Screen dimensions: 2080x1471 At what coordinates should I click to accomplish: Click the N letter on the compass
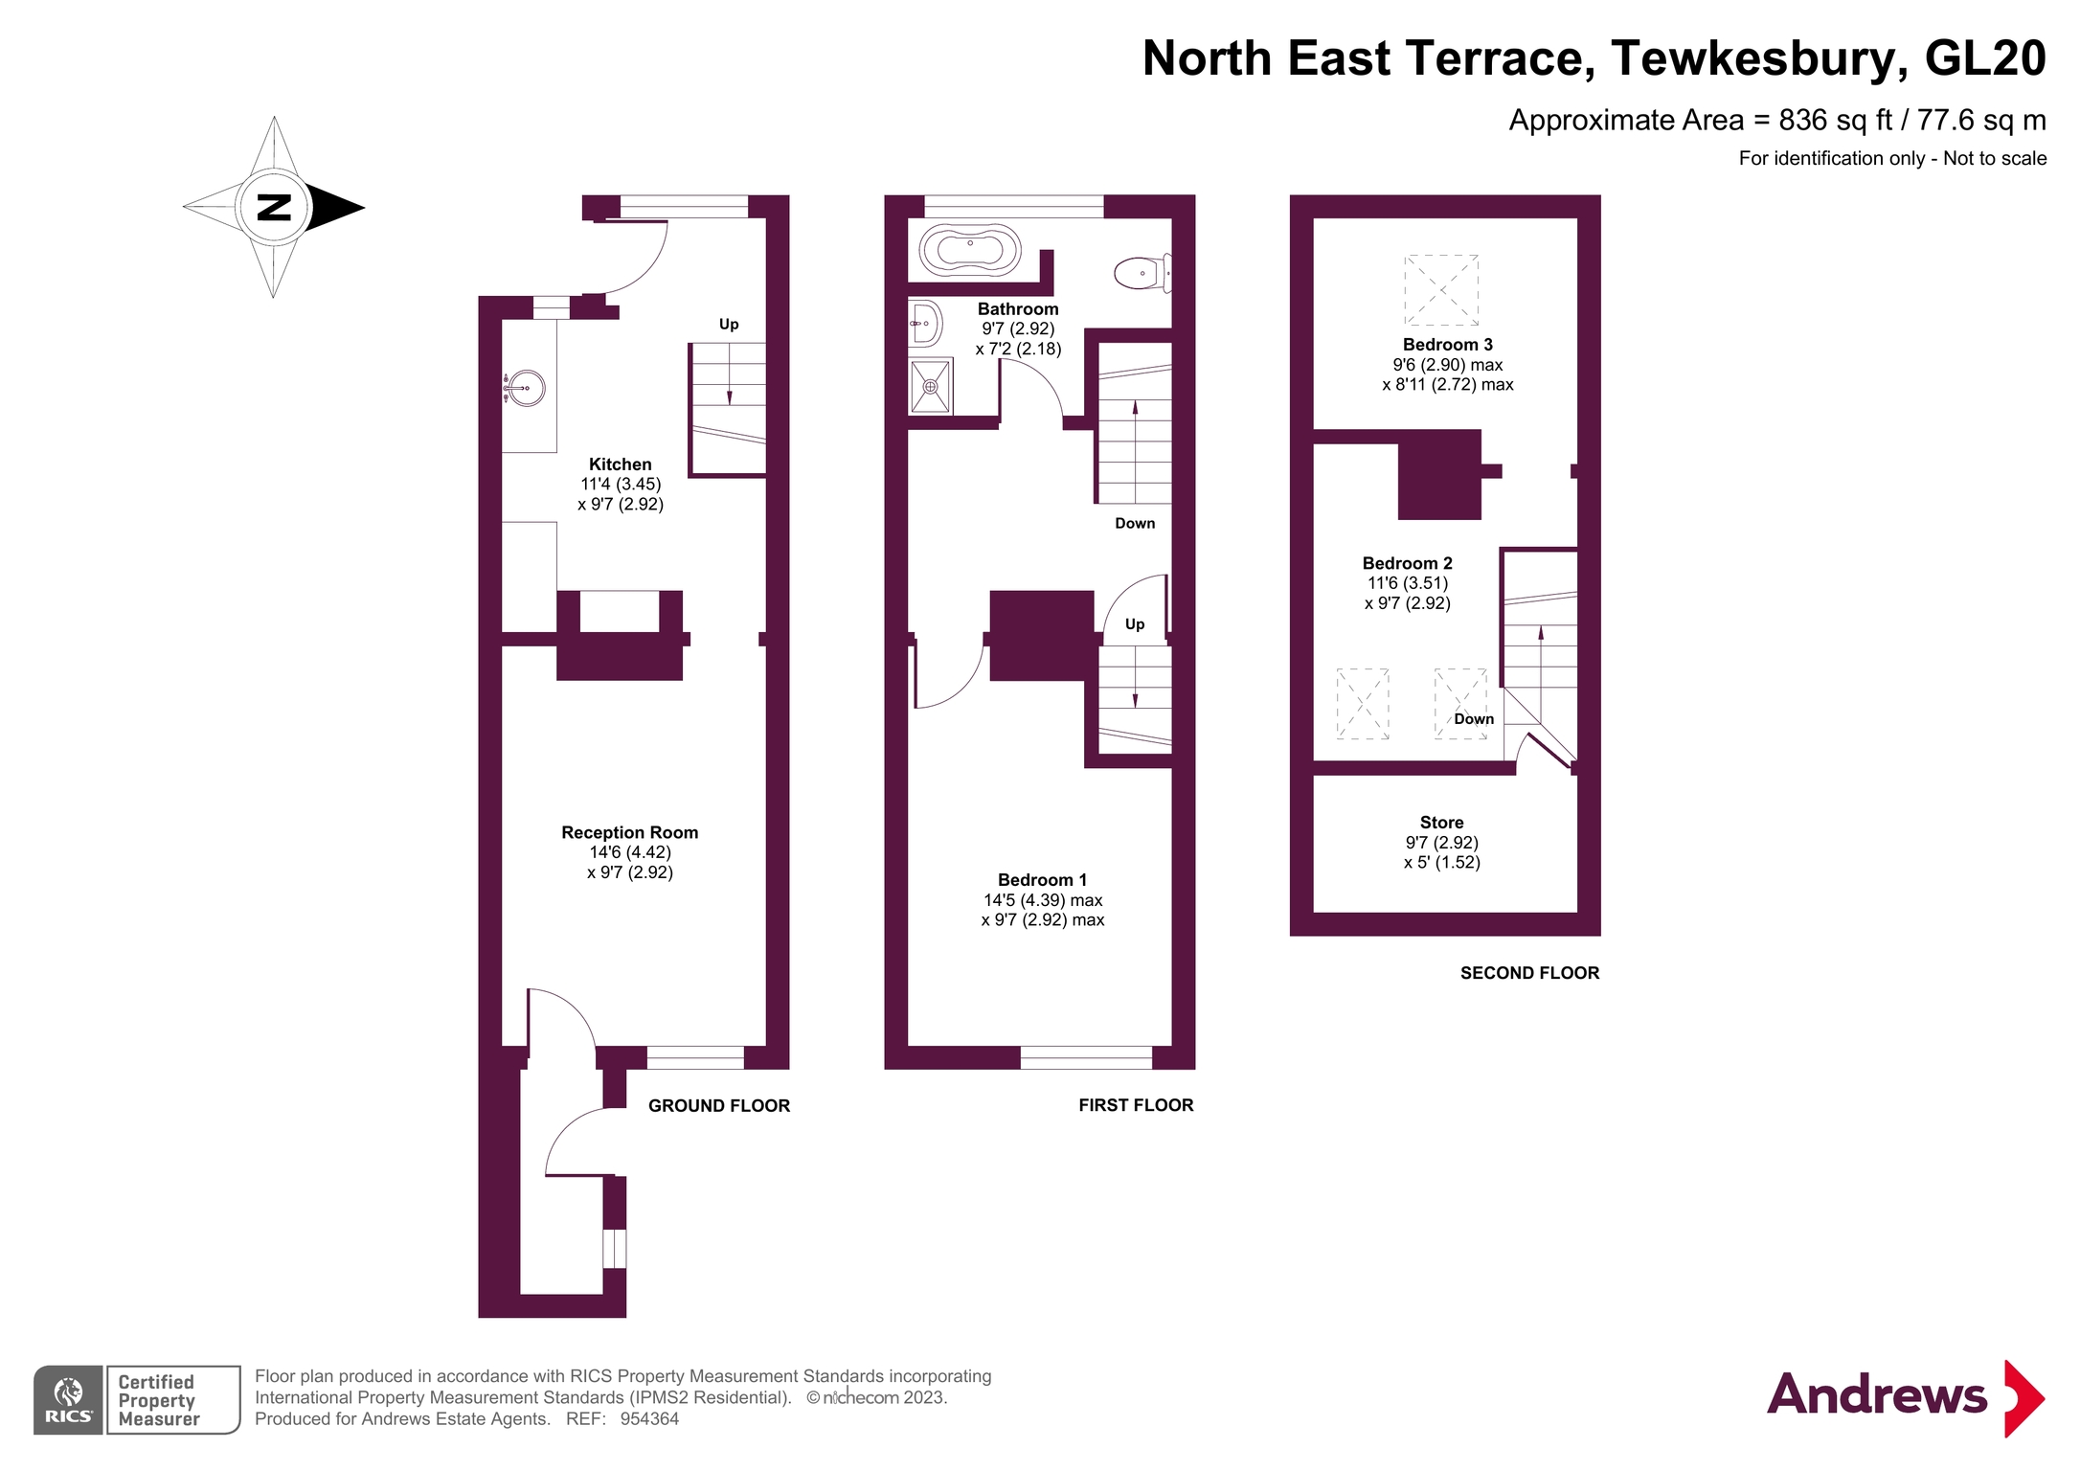point(274,207)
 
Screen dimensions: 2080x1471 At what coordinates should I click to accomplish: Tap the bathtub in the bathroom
point(970,250)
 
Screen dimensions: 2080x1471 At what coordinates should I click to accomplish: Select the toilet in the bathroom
point(1141,273)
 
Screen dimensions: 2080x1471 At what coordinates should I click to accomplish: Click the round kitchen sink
point(526,388)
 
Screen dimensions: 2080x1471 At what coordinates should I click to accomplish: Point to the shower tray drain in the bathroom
point(930,387)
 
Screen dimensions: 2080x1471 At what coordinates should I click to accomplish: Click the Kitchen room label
point(620,464)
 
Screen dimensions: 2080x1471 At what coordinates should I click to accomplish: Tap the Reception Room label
point(629,832)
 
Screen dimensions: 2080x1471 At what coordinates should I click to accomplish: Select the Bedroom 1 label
point(1042,879)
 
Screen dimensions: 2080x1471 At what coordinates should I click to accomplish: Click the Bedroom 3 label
point(1447,345)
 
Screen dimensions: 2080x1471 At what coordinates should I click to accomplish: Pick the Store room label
point(1441,823)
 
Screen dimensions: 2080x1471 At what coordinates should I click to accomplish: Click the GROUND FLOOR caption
point(719,1105)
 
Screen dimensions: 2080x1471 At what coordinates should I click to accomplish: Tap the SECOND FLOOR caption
point(1529,973)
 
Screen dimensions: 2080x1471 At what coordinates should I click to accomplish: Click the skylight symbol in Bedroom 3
point(1441,290)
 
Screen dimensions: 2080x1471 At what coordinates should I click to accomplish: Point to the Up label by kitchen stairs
point(729,324)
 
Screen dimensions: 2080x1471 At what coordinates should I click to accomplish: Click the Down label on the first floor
point(1135,523)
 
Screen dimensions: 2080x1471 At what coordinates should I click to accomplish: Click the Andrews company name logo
point(1877,1395)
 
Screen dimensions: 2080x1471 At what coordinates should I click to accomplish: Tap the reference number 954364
point(649,1419)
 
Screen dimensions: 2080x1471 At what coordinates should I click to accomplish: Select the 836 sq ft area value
point(1835,120)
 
